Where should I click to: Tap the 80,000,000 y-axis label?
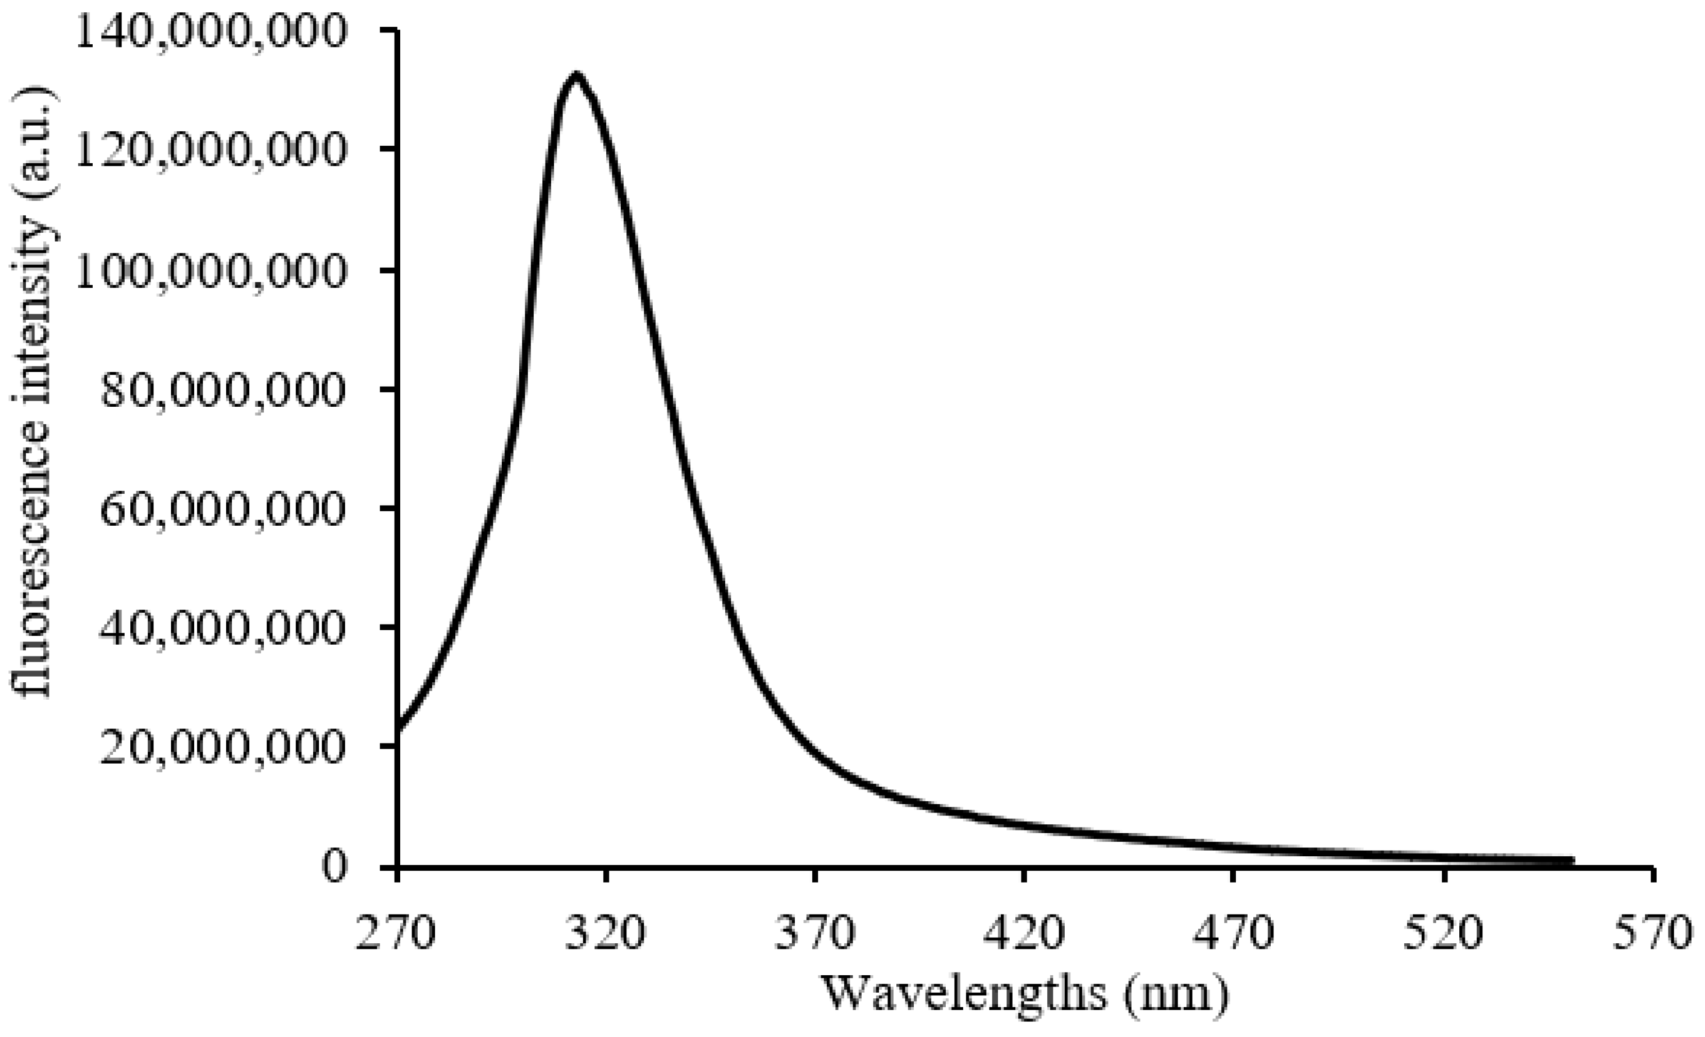click(x=221, y=390)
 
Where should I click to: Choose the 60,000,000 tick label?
click(x=221, y=509)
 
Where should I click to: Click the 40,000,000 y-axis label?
click(x=221, y=628)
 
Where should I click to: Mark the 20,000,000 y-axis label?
click(x=221, y=747)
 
